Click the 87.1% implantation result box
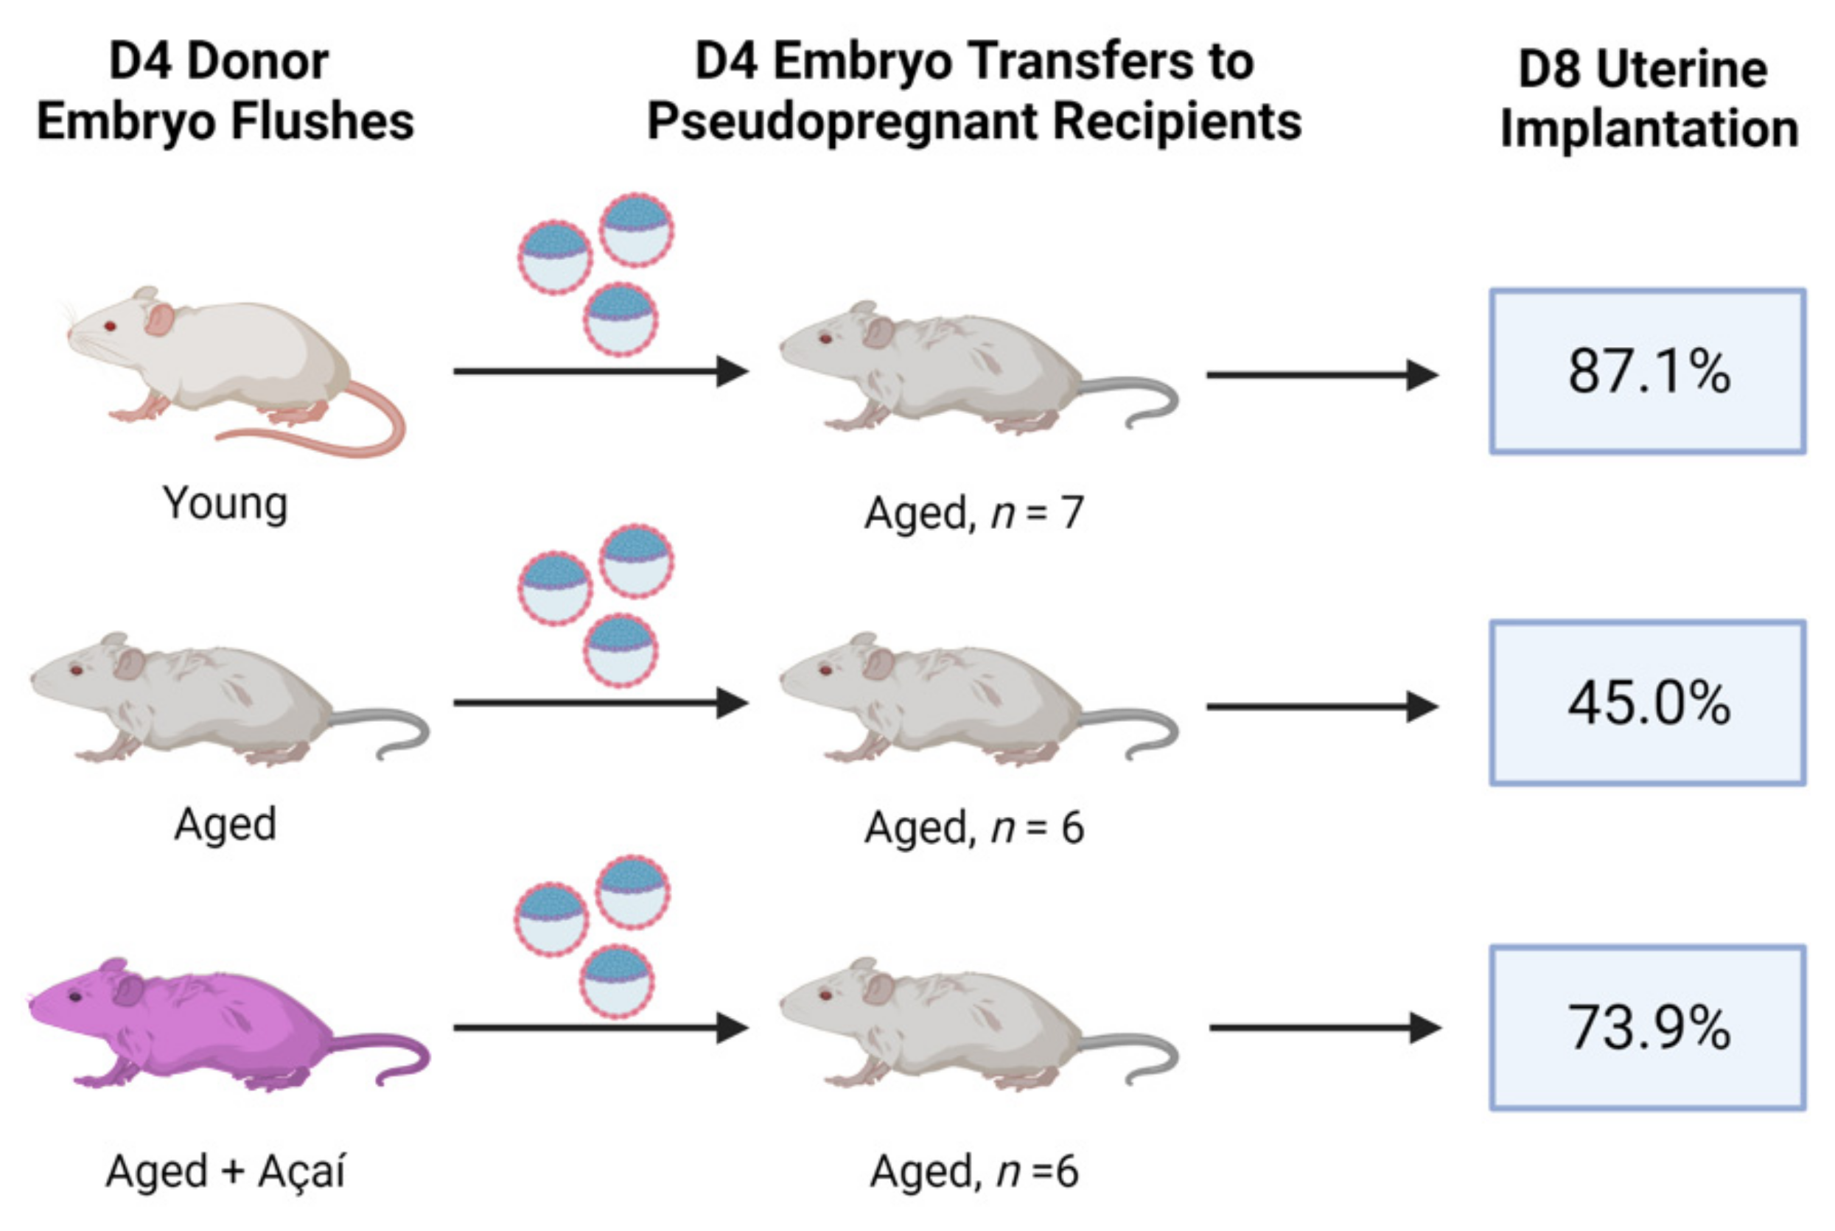1647,371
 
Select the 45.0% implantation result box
1647,703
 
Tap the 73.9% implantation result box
1647,1028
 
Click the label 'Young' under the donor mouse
226,503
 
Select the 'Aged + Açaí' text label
226,1171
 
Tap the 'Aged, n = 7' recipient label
974,513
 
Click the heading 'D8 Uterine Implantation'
1647,99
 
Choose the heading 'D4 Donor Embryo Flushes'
226,91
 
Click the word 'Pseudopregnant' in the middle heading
840,122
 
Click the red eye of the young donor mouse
110,326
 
